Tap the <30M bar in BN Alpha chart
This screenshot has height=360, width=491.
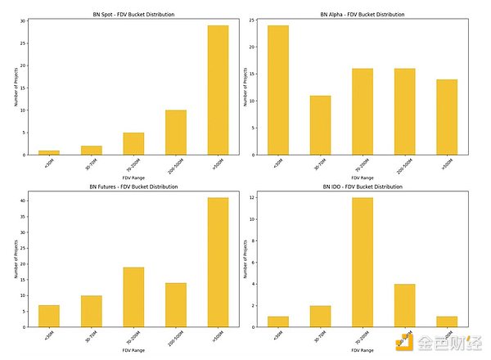coord(278,90)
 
